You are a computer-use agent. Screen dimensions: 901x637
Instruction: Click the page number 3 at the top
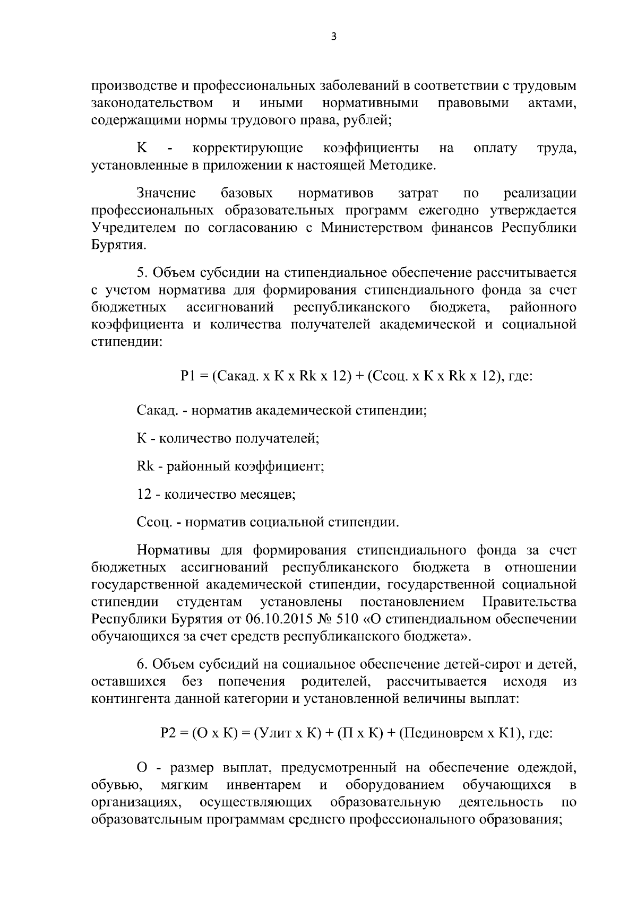click(x=333, y=36)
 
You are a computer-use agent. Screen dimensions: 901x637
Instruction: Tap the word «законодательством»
click(x=152, y=102)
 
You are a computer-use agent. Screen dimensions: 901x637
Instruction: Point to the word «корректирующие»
click(x=248, y=148)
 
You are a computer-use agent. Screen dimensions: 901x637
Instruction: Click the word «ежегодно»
click(x=449, y=211)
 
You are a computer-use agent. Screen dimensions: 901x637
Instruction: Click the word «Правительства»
click(x=529, y=602)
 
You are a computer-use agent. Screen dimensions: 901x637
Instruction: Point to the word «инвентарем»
click(x=263, y=785)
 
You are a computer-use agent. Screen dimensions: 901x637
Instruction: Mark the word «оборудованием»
click(x=395, y=785)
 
